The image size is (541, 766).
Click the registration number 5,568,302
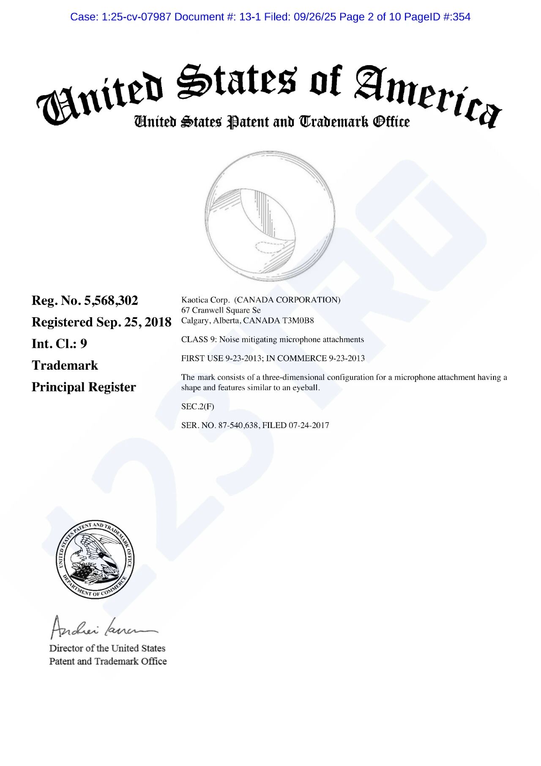(x=111, y=301)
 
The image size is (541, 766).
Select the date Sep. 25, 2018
(x=134, y=322)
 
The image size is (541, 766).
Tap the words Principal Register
(x=84, y=387)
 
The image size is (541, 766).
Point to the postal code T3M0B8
(x=298, y=321)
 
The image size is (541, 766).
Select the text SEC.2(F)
(x=197, y=406)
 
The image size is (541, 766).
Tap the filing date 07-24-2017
(x=309, y=426)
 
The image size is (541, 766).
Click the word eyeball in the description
(x=306, y=388)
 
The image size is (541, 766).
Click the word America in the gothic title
(x=427, y=95)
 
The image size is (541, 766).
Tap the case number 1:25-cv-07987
(x=136, y=17)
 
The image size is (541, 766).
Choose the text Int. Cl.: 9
(x=59, y=344)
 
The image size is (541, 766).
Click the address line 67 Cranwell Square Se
(x=221, y=310)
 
